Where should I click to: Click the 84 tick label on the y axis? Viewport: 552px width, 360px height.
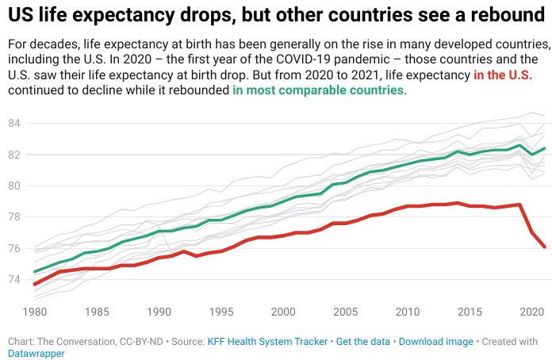(x=14, y=123)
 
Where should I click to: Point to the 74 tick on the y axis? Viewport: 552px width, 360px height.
(x=14, y=279)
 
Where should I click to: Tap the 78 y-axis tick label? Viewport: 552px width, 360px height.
(x=14, y=217)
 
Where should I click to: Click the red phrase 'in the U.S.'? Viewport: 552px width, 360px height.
(x=502, y=75)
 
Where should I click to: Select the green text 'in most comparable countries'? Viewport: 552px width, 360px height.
(x=318, y=90)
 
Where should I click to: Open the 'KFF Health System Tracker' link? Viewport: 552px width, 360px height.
(x=267, y=342)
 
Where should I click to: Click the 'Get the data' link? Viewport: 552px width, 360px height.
(x=363, y=342)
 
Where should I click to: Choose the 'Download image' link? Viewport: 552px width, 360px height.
(x=435, y=342)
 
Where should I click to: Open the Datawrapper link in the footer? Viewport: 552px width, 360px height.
(x=36, y=354)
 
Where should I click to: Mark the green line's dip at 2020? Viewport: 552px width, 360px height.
(x=531, y=154)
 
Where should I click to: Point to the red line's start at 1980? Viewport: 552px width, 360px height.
(x=35, y=284)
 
